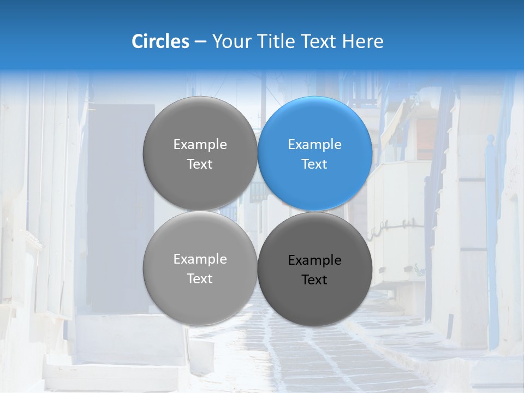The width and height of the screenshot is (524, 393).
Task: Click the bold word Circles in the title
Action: [160, 41]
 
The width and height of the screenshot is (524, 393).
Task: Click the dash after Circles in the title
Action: [200, 42]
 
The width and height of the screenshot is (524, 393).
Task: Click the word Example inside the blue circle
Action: [315, 145]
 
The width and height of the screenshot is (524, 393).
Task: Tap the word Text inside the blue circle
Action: [315, 164]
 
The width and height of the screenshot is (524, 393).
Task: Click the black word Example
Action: [315, 260]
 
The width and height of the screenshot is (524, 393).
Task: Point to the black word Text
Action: [315, 280]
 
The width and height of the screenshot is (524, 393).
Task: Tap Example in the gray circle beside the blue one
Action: [200, 145]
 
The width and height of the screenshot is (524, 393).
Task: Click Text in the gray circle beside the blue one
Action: [200, 164]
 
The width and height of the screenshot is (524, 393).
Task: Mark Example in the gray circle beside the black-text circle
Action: [200, 259]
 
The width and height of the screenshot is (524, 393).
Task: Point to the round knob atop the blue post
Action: [490, 139]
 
